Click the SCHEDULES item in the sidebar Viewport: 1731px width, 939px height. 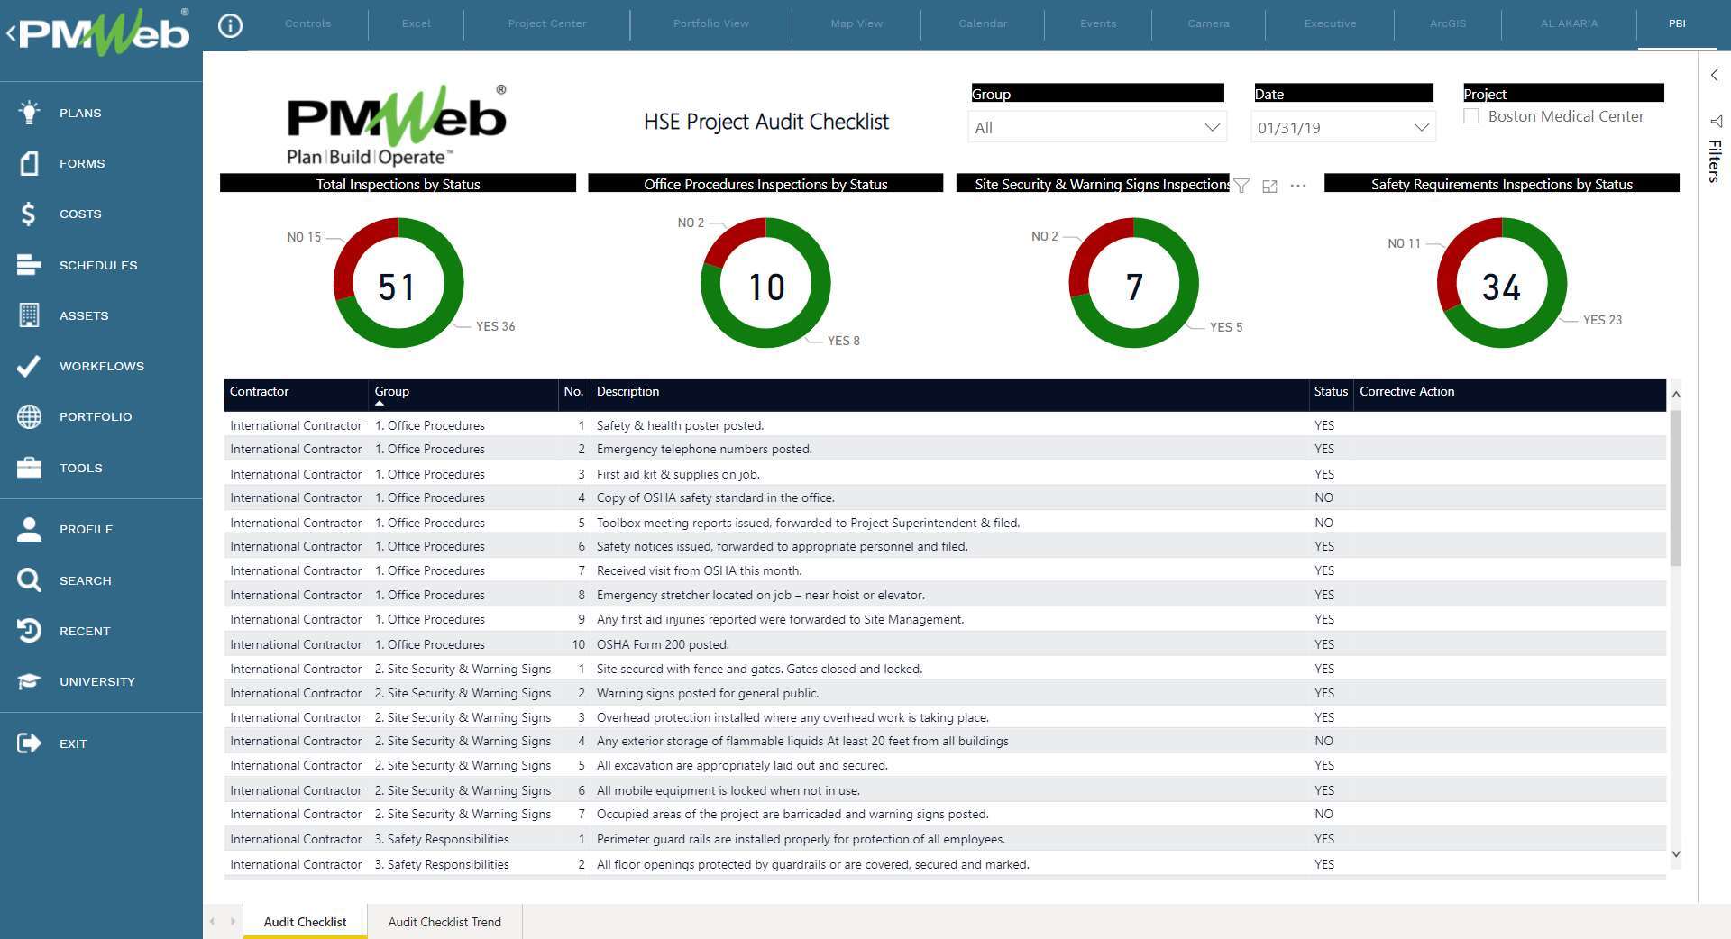97,265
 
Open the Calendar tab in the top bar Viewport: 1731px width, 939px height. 983,23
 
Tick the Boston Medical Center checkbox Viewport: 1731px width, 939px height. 1471,116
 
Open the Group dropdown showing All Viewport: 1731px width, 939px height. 1096,128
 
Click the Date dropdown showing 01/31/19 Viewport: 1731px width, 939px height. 1342,128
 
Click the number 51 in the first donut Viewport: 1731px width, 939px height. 397,287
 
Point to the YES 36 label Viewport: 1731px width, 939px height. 495,326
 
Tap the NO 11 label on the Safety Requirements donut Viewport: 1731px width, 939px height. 1404,243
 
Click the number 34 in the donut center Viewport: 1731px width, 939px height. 1501,287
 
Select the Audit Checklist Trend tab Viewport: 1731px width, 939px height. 444,922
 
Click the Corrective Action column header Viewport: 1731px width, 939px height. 1406,391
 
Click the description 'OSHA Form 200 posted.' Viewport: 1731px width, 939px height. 663,644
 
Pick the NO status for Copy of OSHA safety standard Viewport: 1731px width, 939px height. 1323,497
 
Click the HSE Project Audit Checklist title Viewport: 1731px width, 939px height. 766,122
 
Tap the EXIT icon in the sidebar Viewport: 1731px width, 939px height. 29,743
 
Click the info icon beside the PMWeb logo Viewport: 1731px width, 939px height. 231,26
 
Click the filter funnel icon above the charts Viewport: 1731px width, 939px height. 1241,186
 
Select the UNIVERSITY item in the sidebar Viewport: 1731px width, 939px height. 96,681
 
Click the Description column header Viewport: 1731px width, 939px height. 627,391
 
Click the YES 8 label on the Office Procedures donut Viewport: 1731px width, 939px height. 843,341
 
